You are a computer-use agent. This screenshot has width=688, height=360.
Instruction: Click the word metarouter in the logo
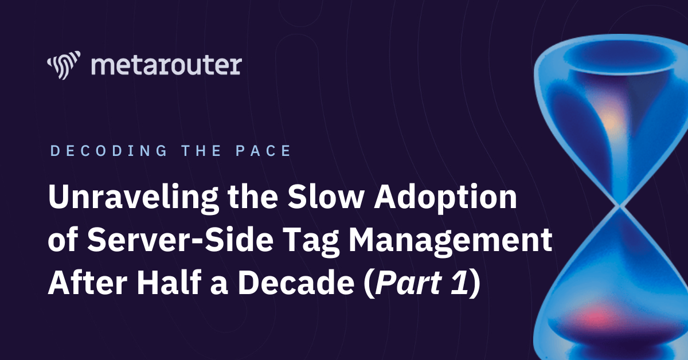tap(166, 65)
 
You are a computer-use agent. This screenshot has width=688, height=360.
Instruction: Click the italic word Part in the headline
tap(408, 283)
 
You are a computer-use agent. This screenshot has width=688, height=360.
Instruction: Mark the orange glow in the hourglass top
tap(611, 121)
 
